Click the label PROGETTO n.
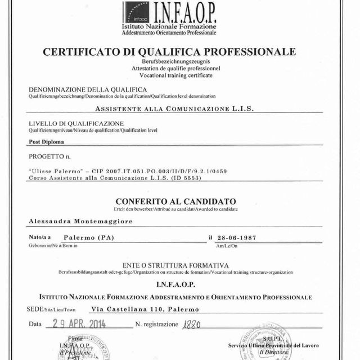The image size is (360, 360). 51,156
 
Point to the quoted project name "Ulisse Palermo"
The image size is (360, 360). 52,170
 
